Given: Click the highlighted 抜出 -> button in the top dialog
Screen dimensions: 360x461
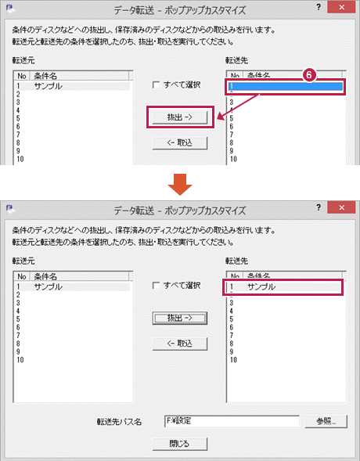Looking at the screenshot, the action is pos(180,117).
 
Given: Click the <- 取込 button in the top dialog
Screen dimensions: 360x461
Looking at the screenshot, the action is pos(180,143).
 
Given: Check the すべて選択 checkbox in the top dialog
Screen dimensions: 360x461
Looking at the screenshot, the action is pos(156,85).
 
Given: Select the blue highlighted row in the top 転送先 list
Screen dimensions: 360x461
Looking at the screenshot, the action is pos(286,86).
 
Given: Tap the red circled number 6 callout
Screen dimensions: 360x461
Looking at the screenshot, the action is pos(309,75).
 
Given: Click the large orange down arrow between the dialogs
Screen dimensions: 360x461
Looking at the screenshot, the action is pos(180,185).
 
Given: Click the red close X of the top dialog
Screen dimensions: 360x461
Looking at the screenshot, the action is pos(341,7).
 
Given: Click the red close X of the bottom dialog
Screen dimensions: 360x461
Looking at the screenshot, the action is pos(341,207).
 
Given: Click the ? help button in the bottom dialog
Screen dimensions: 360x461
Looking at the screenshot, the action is pos(319,207).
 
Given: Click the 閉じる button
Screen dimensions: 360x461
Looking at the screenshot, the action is pos(180,444).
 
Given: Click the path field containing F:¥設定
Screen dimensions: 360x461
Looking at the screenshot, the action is pos(232,421).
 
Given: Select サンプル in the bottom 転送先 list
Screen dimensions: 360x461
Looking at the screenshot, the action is pos(261,286).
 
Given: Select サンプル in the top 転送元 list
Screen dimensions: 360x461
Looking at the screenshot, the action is pos(49,86).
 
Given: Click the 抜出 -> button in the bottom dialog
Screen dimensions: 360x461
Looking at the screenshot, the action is pos(180,318).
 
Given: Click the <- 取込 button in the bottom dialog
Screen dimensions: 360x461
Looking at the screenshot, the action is pos(180,344).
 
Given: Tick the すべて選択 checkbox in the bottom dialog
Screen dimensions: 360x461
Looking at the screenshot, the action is pos(156,286).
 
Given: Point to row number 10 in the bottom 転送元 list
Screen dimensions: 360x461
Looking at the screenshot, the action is pos(20,360).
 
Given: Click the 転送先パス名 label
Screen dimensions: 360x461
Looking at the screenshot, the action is pos(119,422).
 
